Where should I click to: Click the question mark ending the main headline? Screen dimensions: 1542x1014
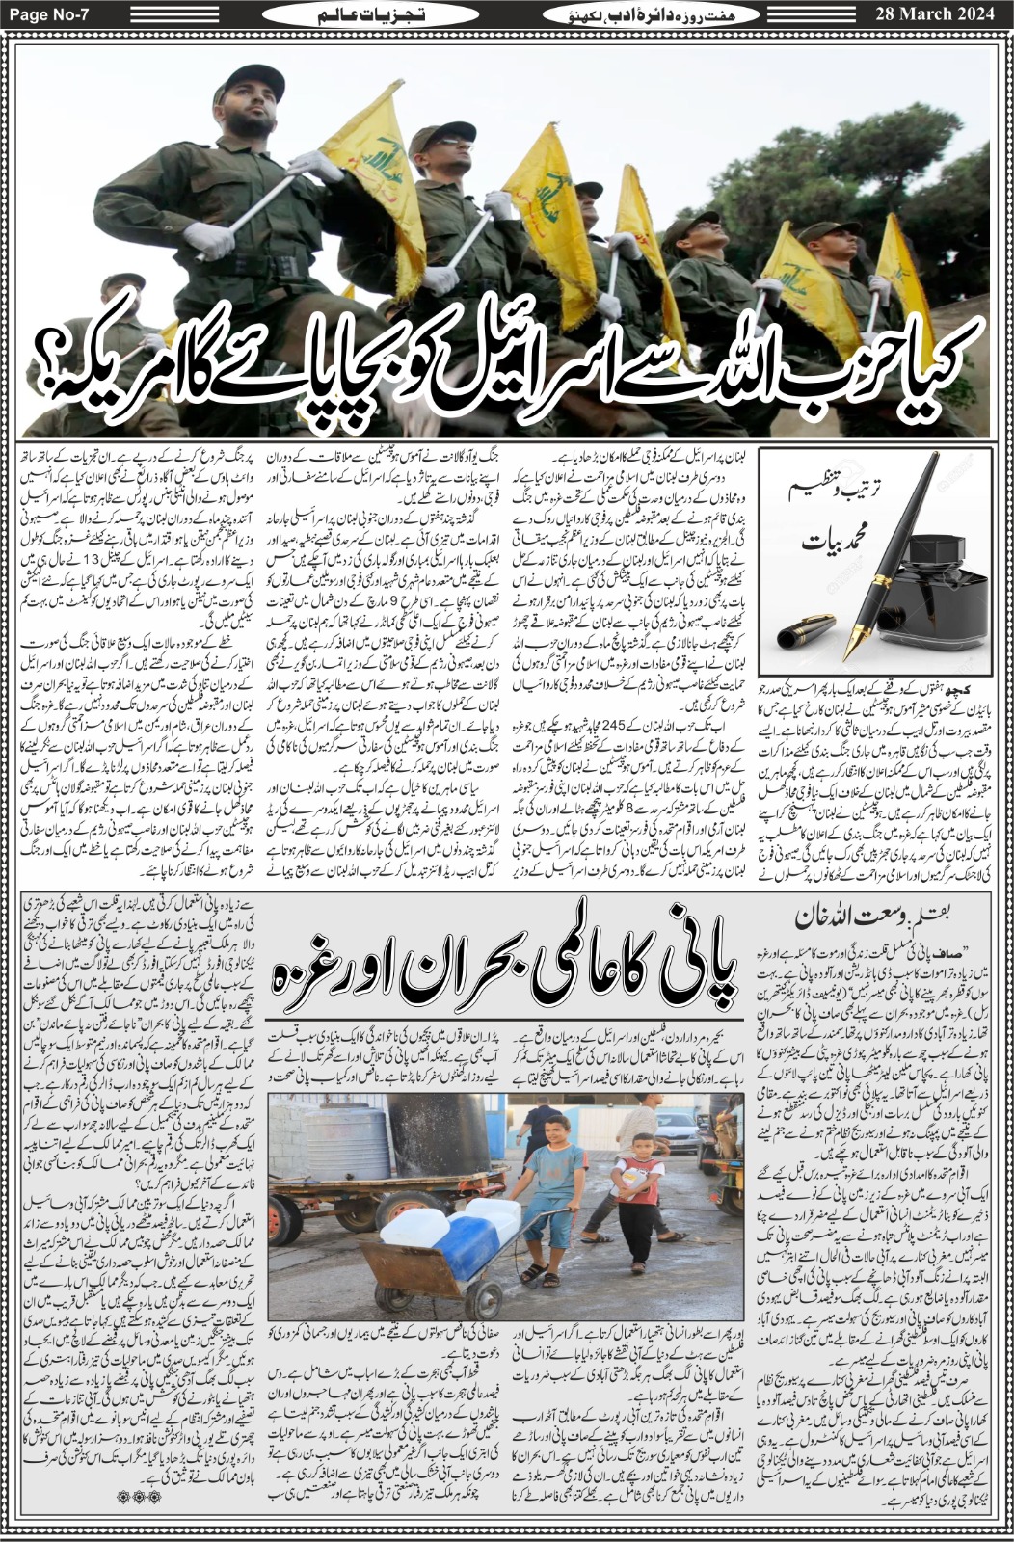point(54,365)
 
